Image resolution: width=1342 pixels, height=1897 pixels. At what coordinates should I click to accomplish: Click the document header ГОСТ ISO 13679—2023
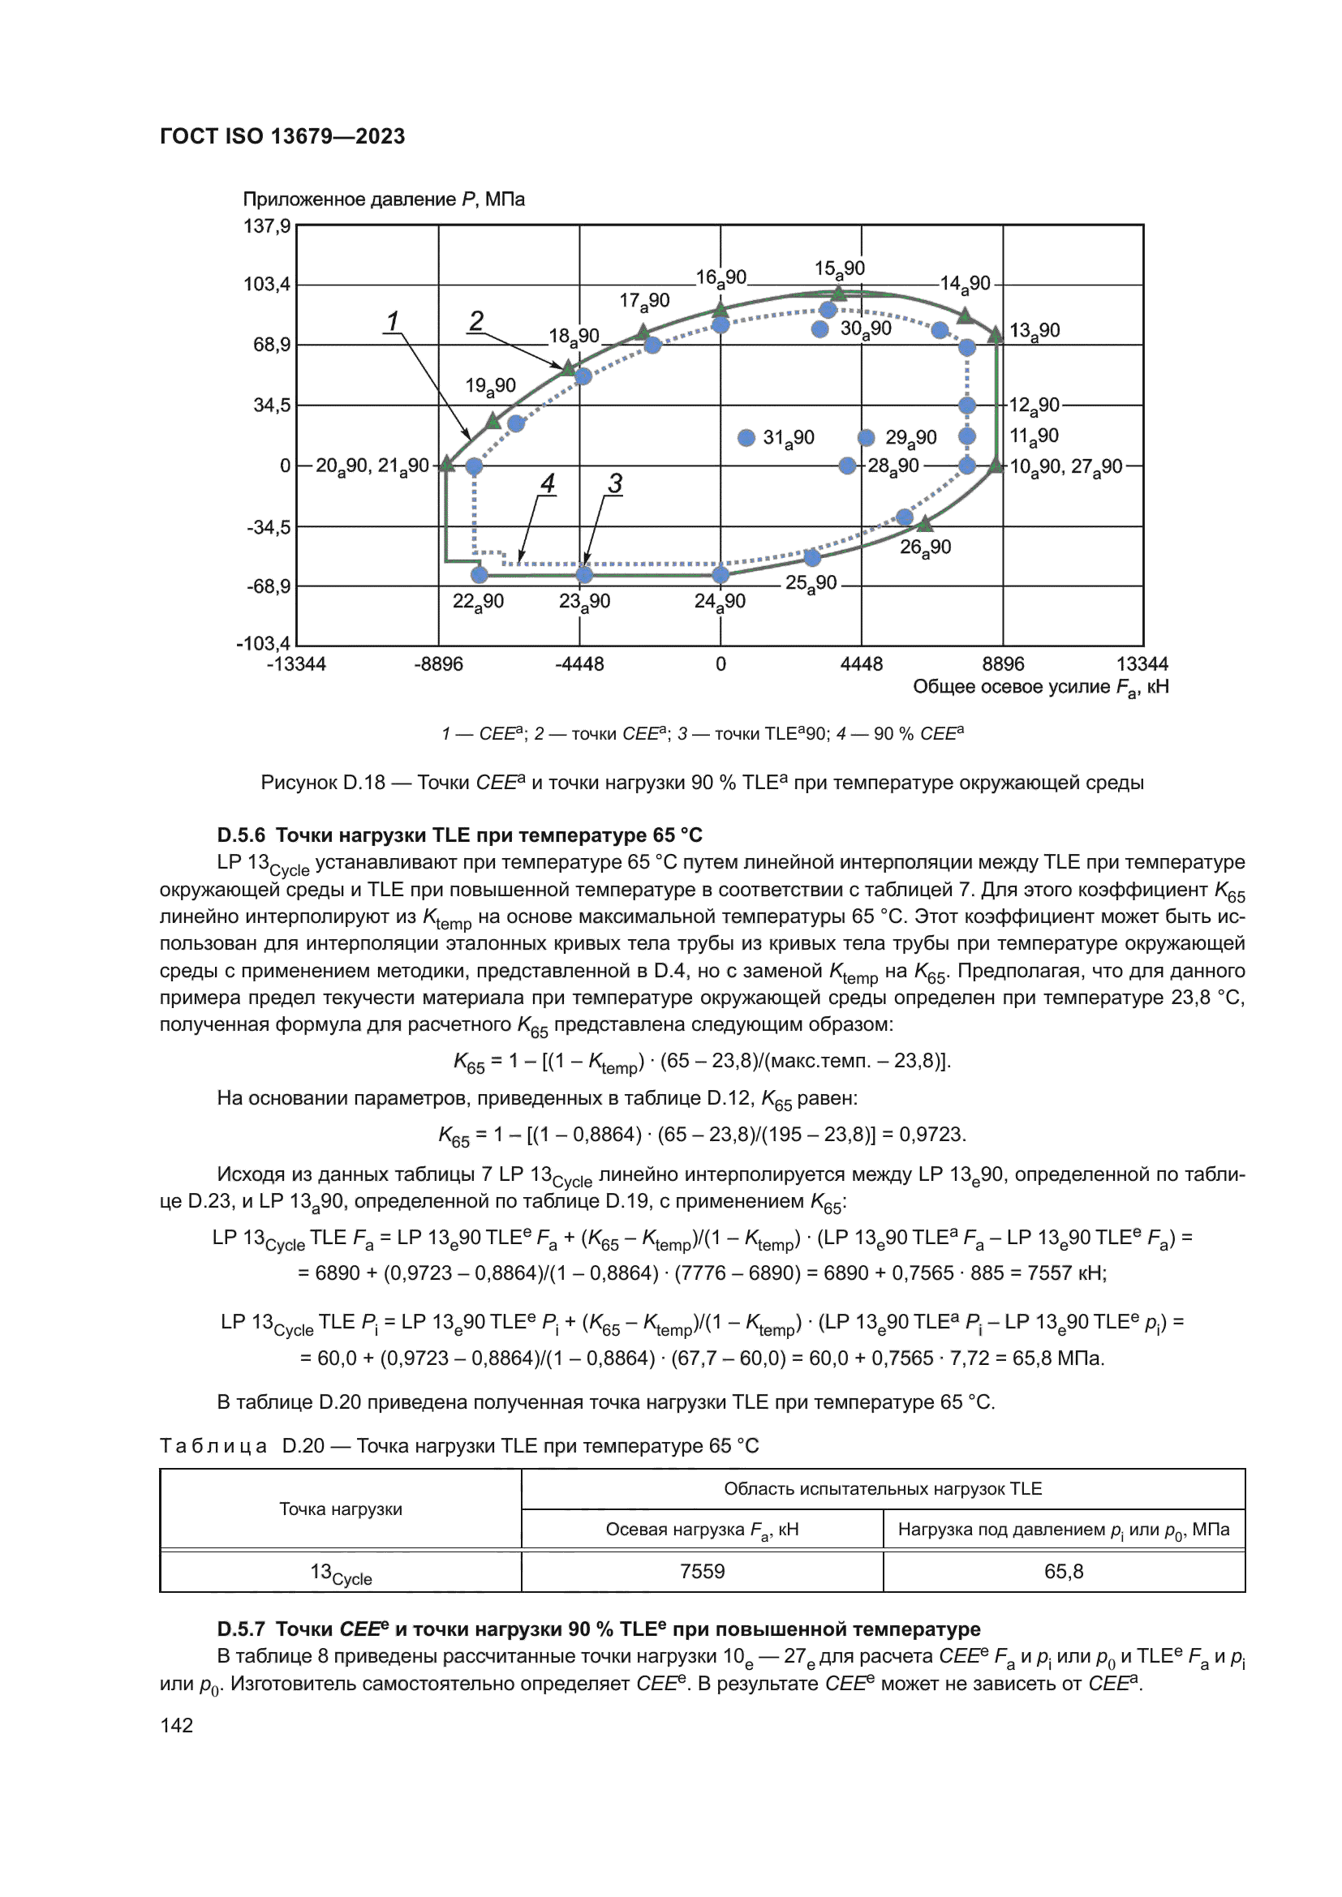click(282, 136)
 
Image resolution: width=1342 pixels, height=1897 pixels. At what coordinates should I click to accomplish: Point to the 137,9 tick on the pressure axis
click(267, 225)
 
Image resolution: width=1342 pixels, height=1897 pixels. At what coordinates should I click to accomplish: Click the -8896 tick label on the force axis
click(438, 664)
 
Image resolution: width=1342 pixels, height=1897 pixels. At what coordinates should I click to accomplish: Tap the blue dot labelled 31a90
click(746, 438)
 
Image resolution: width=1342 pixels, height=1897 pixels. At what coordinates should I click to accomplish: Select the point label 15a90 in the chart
click(839, 268)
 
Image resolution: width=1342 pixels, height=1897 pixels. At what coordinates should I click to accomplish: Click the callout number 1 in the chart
click(393, 320)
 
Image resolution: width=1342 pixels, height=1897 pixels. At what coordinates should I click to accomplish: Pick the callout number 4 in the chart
click(547, 483)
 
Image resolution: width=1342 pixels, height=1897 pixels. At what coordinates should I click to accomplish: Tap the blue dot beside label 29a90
click(866, 438)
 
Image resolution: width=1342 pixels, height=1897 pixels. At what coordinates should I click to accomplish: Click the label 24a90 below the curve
click(719, 602)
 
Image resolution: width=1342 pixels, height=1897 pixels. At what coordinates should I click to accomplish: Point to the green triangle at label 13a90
click(996, 334)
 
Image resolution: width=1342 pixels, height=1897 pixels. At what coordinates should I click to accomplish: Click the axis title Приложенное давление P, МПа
click(384, 200)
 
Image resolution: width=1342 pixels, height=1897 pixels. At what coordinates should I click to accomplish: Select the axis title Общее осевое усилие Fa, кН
click(1039, 688)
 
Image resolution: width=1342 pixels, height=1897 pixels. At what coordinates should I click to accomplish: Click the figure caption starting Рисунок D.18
click(702, 783)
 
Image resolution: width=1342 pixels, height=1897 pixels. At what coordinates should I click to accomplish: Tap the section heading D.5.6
click(459, 835)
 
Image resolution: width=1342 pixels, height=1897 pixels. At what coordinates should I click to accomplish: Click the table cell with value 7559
click(702, 1572)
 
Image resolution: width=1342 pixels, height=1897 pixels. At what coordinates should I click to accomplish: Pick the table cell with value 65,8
click(1063, 1572)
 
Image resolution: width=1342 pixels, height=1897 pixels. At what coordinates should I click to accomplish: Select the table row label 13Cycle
click(341, 1573)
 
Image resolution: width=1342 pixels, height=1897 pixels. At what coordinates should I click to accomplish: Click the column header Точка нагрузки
click(341, 1509)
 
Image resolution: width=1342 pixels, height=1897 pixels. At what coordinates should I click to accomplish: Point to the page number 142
click(176, 1725)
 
